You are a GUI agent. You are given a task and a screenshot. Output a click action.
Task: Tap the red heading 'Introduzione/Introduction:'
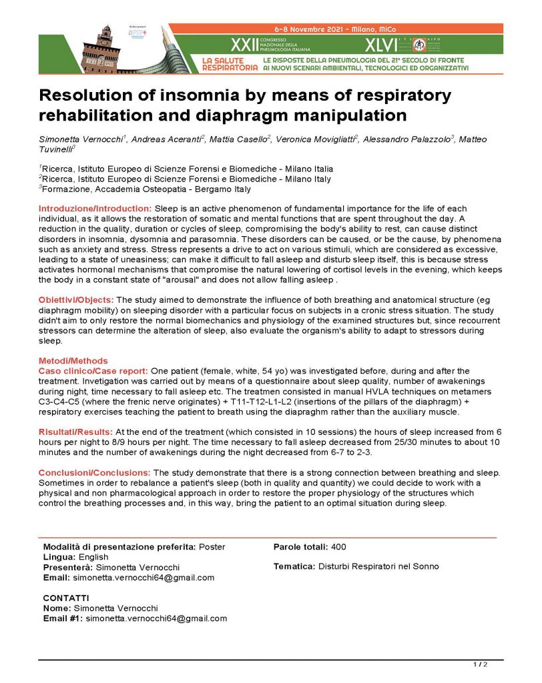click(x=95, y=209)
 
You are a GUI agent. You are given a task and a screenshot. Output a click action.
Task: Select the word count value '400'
click(x=338, y=547)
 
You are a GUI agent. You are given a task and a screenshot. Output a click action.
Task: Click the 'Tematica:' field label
click(x=294, y=566)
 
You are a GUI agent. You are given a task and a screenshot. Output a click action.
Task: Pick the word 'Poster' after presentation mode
click(x=212, y=547)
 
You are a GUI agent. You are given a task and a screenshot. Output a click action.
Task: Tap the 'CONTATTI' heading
click(x=65, y=598)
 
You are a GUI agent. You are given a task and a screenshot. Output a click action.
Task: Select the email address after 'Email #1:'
click(x=156, y=618)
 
